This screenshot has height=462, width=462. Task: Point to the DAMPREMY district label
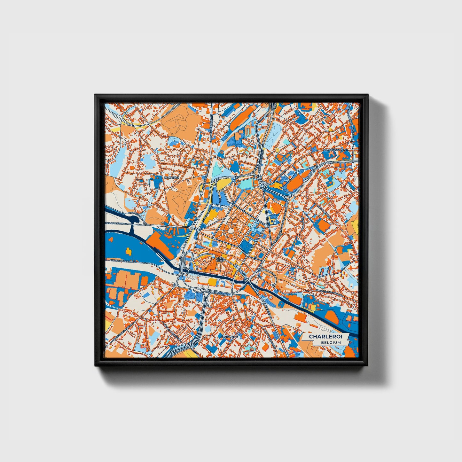[x=171, y=177]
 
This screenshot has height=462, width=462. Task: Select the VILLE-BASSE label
[x=220, y=259]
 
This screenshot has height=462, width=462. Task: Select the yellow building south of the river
[x=213, y=281]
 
